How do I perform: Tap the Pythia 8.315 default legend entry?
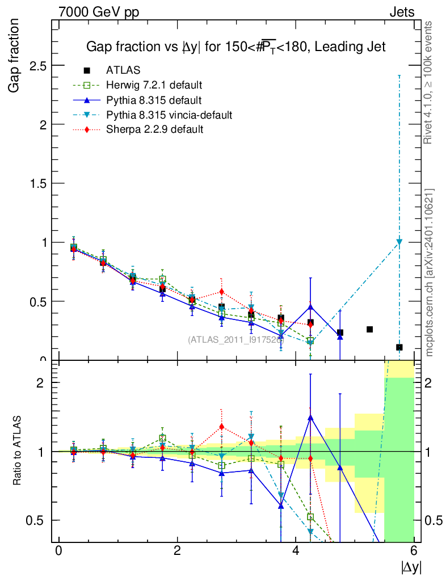(154, 100)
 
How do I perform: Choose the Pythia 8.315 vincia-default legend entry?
(169, 115)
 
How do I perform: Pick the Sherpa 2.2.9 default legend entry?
(155, 129)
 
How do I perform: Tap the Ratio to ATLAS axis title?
(18, 451)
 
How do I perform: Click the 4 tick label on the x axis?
(296, 551)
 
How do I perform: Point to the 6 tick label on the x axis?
(414, 551)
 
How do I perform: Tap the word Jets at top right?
(401, 12)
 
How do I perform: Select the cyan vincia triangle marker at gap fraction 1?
(399, 242)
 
